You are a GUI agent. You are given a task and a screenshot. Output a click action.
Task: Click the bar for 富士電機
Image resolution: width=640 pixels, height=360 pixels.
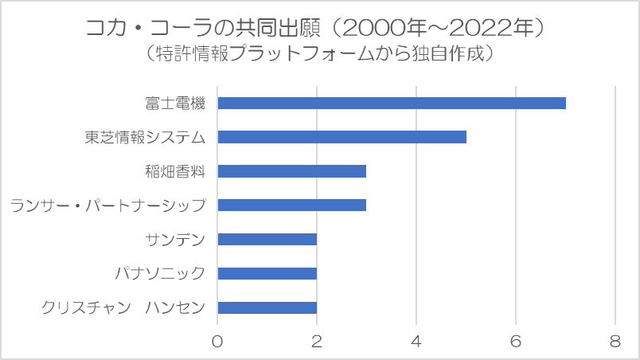coord(392,103)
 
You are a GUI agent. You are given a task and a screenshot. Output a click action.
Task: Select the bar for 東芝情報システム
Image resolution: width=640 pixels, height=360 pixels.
coord(341,137)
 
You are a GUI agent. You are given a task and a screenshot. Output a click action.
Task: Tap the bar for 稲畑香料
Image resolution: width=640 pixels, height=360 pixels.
coord(291,171)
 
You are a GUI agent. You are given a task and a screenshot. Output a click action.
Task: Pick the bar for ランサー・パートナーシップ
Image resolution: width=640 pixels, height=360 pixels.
coord(291,205)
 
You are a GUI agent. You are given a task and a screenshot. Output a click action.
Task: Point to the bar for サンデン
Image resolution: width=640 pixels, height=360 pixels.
coord(267,240)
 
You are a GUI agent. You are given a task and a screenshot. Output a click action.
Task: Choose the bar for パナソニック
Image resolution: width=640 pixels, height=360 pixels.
coord(267,274)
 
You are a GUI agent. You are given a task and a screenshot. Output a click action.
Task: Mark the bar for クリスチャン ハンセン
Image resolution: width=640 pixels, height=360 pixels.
coord(267,308)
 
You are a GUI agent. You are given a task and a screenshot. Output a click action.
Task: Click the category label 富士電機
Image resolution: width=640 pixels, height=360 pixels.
coord(175,103)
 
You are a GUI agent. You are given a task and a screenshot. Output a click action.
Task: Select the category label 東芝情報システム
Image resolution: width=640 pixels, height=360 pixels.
coord(145,137)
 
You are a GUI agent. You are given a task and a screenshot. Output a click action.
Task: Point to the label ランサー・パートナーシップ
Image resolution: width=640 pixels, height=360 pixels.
coord(108,205)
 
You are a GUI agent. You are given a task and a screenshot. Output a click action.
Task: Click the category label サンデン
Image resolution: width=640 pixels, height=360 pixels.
coord(176,240)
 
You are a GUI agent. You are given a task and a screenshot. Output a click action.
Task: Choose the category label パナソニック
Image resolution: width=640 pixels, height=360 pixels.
coord(161,274)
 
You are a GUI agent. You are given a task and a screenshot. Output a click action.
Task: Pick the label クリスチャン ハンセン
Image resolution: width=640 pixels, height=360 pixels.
coord(123,308)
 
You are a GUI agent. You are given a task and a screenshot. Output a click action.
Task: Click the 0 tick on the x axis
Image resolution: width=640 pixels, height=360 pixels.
coord(217,341)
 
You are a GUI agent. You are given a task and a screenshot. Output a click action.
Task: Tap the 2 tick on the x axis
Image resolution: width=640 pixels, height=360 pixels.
coord(317,341)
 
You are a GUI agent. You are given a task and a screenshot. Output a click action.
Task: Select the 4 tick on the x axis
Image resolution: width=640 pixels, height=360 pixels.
coord(416,341)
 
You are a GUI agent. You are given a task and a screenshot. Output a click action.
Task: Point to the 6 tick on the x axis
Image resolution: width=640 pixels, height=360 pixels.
coord(516,341)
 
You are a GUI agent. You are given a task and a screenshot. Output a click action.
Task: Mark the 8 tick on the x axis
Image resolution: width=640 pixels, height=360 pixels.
coord(615,341)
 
